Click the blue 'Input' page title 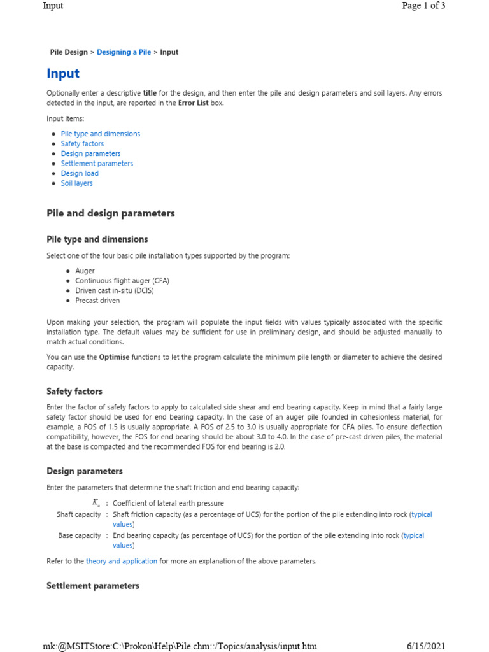click(x=63, y=74)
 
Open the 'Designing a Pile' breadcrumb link click(x=124, y=52)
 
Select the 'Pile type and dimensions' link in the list click(x=100, y=134)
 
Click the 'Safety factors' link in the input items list click(x=82, y=144)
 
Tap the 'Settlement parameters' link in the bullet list click(x=97, y=164)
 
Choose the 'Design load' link click(x=80, y=173)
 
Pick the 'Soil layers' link click(x=76, y=183)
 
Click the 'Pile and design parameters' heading click(x=111, y=213)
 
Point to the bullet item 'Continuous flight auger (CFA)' click(x=122, y=281)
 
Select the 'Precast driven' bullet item click(x=97, y=301)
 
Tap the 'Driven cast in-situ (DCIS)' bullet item click(x=115, y=290)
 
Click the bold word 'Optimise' click(x=114, y=357)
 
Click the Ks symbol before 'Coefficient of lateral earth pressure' click(x=97, y=504)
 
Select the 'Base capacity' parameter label click(x=79, y=535)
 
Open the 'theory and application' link click(x=121, y=561)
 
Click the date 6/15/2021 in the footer click(x=426, y=646)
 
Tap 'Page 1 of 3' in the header click(x=423, y=6)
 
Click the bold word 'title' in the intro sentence click(x=150, y=93)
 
